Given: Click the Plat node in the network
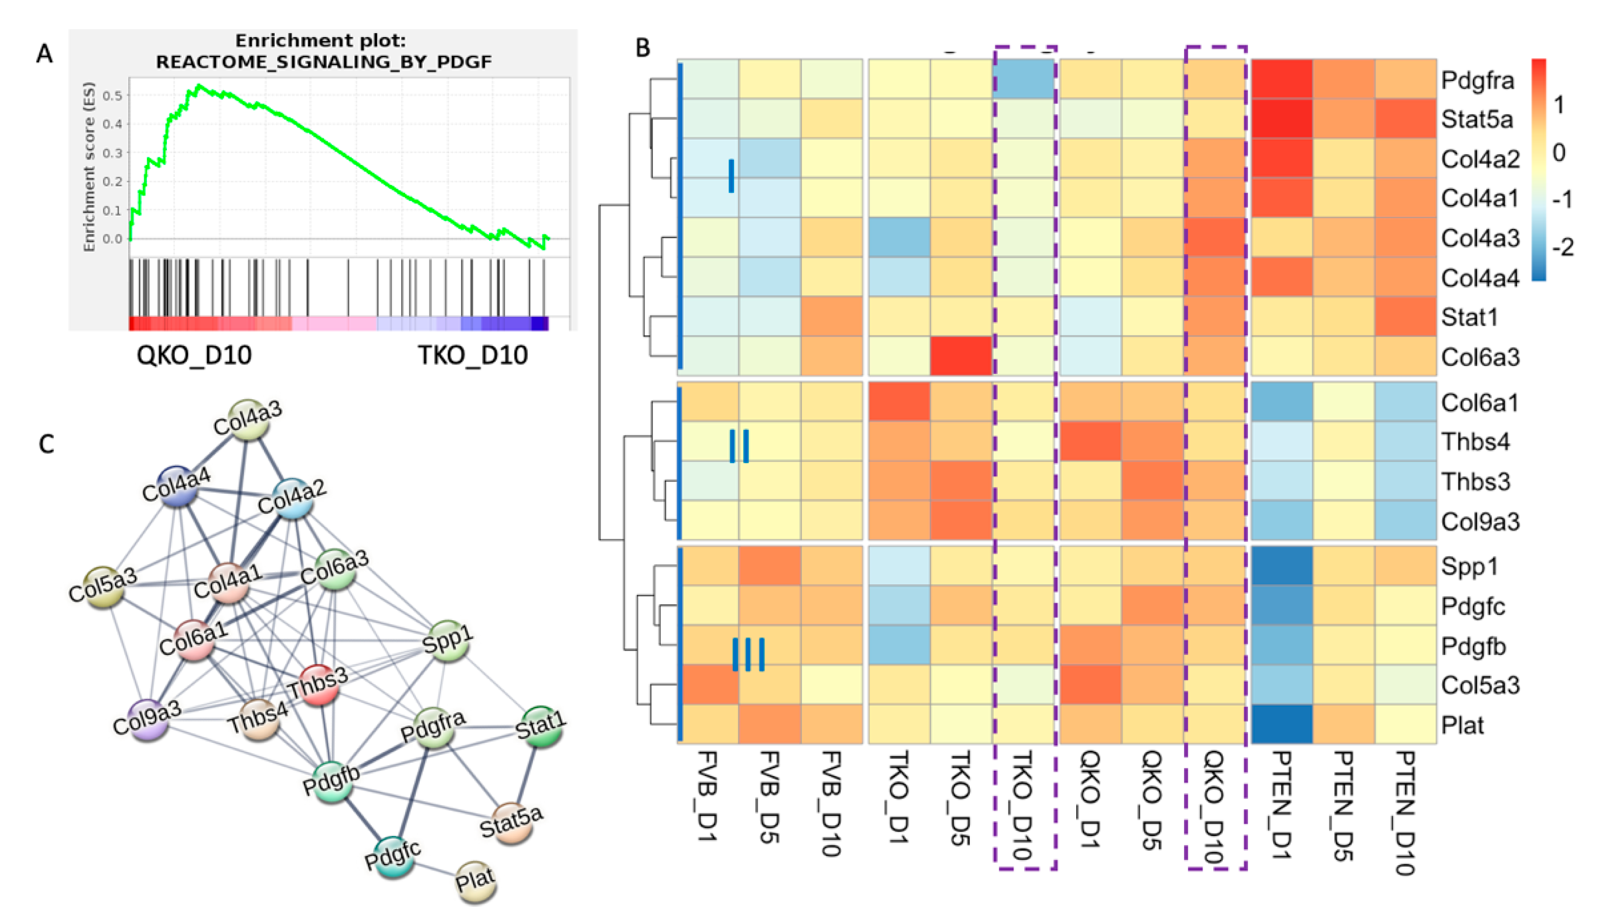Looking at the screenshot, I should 475,880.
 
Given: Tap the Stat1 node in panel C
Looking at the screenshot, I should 540,726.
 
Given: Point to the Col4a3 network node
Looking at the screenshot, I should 247,419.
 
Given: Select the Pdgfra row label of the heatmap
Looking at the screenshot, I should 1477,81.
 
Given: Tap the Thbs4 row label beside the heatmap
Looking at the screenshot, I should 1475,442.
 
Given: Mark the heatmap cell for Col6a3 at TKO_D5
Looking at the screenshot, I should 961,356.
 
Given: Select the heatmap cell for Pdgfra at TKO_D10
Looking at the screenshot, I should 1024,80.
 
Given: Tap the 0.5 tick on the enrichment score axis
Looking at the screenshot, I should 113,95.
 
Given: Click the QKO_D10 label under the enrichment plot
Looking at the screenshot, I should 194,356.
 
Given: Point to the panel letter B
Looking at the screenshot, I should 642,48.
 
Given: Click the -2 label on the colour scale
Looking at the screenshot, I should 1562,246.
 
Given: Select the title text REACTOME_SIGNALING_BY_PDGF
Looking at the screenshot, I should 324,61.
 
